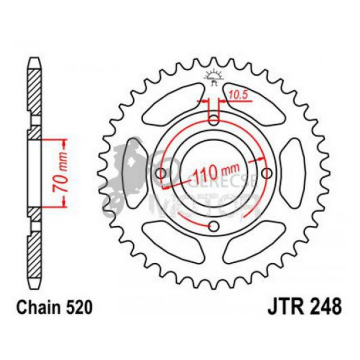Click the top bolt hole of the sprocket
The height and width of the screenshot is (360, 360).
(x=214, y=121)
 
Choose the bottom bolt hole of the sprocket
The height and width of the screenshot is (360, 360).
(x=215, y=227)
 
